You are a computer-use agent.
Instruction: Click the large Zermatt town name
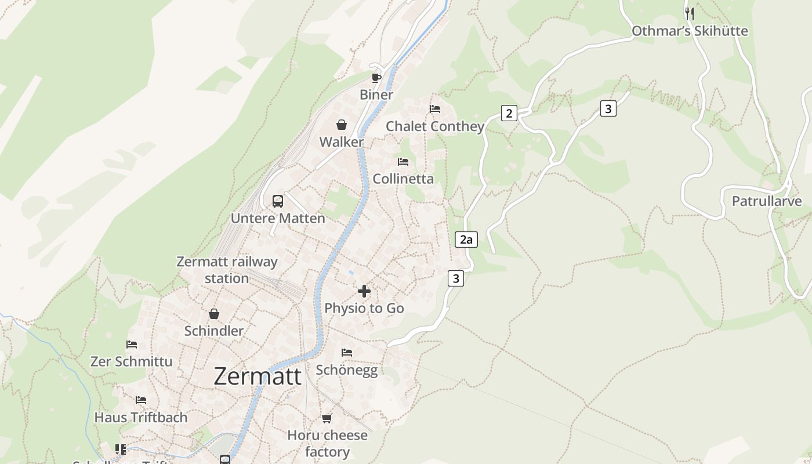tap(258, 376)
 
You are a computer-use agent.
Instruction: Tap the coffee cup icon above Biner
tap(376, 78)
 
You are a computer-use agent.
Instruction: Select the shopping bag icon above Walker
tap(342, 125)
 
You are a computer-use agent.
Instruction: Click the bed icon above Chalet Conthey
tap(435, 109)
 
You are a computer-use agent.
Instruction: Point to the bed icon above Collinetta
tap(403, 162)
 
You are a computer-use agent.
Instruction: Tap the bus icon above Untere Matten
tap(278, 201)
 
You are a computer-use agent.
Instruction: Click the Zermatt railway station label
tap(227, 270)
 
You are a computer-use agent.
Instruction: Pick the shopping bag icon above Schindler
tap(214, 314)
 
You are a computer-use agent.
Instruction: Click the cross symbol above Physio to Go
tap(364, 291)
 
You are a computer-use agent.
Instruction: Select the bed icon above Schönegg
tap(347, 353)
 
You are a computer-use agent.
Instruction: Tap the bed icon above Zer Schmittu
tap(132, 345)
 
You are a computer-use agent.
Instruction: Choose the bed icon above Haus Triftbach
tap(141, 400)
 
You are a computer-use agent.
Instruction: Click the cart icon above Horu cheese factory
tap(327, 418)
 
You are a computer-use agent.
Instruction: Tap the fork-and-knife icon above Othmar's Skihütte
tap(690, 14)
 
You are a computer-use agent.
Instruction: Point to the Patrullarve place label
tap(766, 201)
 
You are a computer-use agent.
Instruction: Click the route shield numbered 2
tap(509, 113)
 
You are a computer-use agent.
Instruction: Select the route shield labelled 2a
tap(466, 240)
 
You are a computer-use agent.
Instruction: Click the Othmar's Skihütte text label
tap(690, 31)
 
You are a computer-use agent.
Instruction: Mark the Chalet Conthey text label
tap(435, 126)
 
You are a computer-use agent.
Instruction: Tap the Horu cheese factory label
tap(327, 443)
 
